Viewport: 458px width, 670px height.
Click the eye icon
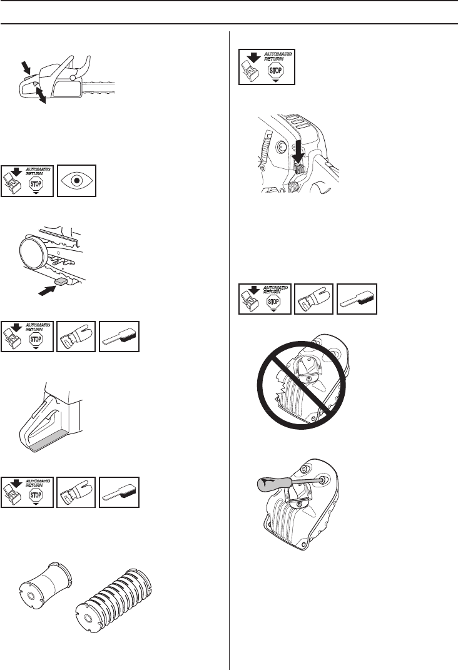point(76,180)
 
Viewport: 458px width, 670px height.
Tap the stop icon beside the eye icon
point(27,180)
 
